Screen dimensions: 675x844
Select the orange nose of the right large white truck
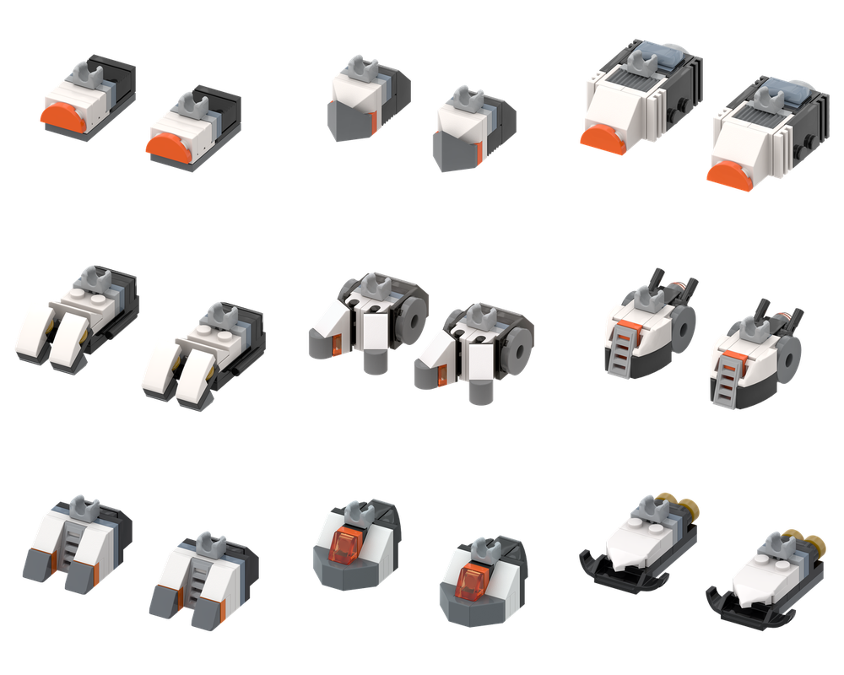click(x=724, y=175)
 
